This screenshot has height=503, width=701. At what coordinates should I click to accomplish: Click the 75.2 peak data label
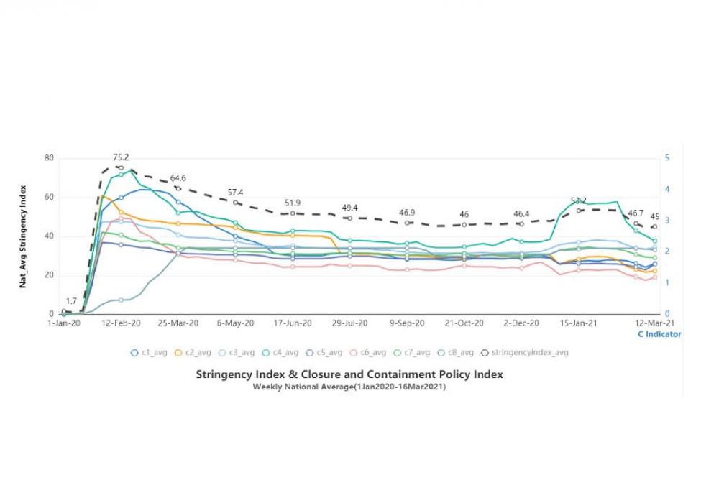click(x=121, y=157)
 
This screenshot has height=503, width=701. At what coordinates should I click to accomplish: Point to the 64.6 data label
click(x=178, y=177)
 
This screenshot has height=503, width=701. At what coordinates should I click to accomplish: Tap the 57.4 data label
click(x=236, y=193)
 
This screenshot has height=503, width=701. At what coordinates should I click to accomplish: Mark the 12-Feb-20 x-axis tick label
click(x=122, y=323)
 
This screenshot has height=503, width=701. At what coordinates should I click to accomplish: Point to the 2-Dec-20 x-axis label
click(x=523, y=323)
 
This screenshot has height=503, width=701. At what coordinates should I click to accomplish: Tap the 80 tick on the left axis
click(x=49, y=158)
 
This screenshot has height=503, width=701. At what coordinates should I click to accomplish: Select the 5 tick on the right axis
click(x=667, y=158)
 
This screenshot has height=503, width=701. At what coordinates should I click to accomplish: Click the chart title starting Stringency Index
click(x=349, y=374)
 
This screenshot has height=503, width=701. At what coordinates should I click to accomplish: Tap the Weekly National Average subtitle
click(x=349, y=387)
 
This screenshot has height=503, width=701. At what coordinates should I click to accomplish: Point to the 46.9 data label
click(x=407, y=213)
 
